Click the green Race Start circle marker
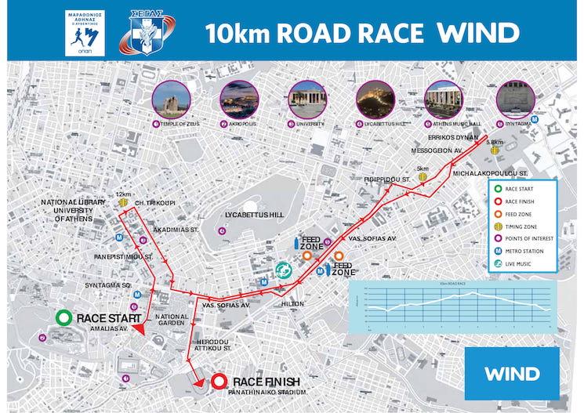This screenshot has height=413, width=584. click(x=64, y=318)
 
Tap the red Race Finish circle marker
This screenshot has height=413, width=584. click(x=219, y=382)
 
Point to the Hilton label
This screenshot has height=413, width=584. click(x=292, y=303)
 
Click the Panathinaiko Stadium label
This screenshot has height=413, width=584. click(x=265, y=391)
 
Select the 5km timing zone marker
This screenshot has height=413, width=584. click(x=423, y=177)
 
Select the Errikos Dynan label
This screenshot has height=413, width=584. click(x=463, y=136)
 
